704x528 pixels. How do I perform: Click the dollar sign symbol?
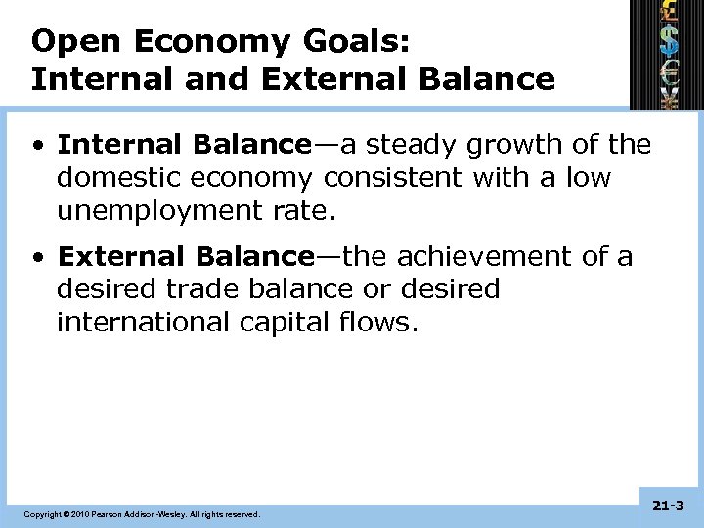pyautogui.click(x=669, y=40)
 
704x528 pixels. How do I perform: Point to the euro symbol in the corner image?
pyautogui.click(x=669, y=70)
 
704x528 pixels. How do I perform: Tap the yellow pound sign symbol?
pyautogui.click(x=669, y=12)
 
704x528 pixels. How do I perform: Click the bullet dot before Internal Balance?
pyautogui.click(x=37, y=146)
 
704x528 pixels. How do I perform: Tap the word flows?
pyautogui.click(x=383, y=323)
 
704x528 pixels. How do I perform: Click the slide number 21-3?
pyautogui.click(x=668, y=506)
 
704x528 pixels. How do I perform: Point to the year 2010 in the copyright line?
pyautogui.click(x=76, y=513)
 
